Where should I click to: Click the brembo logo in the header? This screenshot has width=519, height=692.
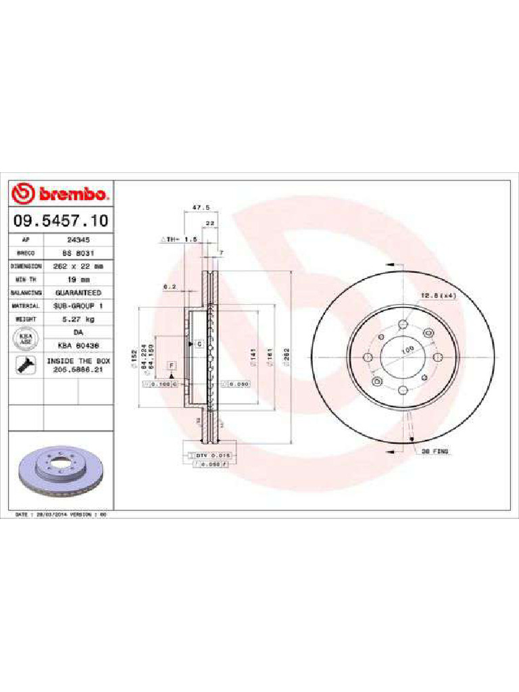[x=59, y=195]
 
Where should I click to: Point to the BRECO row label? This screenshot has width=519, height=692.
[x=25, y=253]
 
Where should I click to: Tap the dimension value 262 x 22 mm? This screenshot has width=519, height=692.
[x=78, y=266]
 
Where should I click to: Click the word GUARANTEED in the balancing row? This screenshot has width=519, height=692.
[x=78, y=293]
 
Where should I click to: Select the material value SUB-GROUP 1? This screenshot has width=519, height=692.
[x=78, y=305]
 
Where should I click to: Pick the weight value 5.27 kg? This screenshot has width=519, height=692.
[x=78, y=319]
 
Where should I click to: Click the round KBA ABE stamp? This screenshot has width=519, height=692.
[x=26, y=339]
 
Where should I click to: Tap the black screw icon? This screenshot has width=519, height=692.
[x=25, y=366]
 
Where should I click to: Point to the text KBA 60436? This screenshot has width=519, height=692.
[x=78, y=345]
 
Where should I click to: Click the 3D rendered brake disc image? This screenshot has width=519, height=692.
[x=59, y=472]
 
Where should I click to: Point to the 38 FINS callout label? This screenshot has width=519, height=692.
[x=435, y=450]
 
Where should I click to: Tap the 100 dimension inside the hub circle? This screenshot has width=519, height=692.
[x=407, y=349]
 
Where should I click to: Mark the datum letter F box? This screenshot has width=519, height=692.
[x=172, y=365]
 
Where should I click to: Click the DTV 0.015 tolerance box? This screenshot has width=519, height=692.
[x=214, y=455]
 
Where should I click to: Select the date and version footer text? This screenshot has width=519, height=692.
[x=61, y=514]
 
